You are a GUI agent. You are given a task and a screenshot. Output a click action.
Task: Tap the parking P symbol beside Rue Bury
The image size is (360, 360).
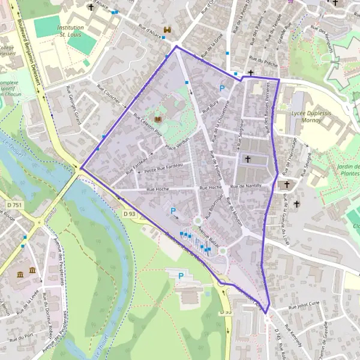pyautogui.click(x=223, y=89)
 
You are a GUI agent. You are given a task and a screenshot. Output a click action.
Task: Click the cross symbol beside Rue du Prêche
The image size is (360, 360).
pyautogui.click(x=251, y=72)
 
